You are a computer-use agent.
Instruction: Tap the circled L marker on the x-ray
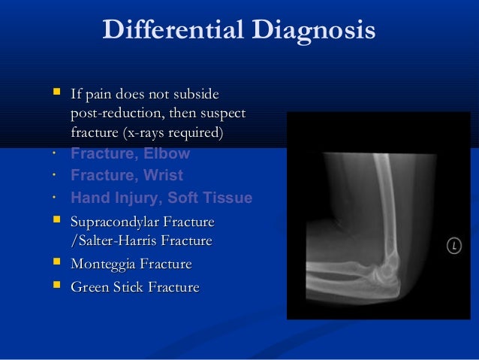[x=453, y=245]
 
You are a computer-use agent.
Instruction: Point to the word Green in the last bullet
[x=89, y=287]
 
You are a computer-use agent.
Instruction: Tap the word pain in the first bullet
[x=98, y=95]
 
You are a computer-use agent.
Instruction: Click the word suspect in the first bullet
[x=223, y=114]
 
